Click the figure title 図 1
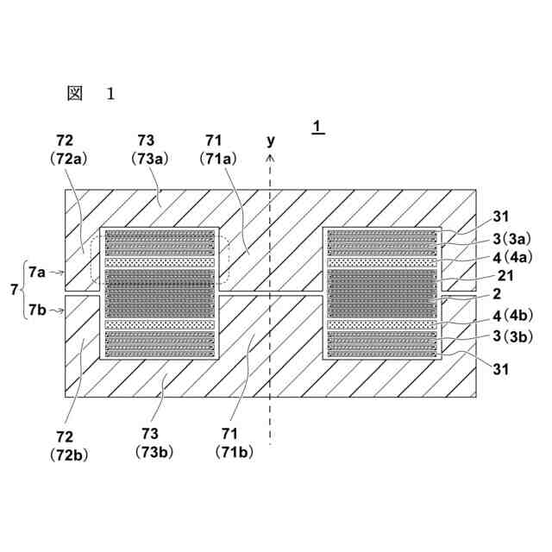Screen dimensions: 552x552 coord(90,93)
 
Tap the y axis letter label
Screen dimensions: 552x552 coord(271,140)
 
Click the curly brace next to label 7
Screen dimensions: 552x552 coord(22,292)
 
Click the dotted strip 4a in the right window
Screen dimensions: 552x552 coord(381,261)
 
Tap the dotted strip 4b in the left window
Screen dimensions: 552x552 coord(160,325)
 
